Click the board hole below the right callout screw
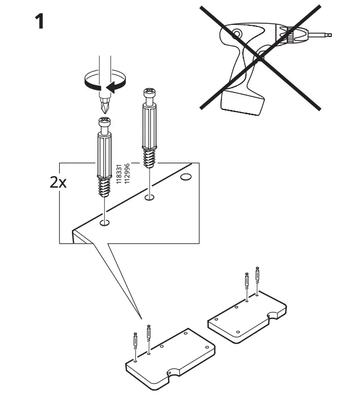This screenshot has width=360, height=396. coord(150,198)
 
